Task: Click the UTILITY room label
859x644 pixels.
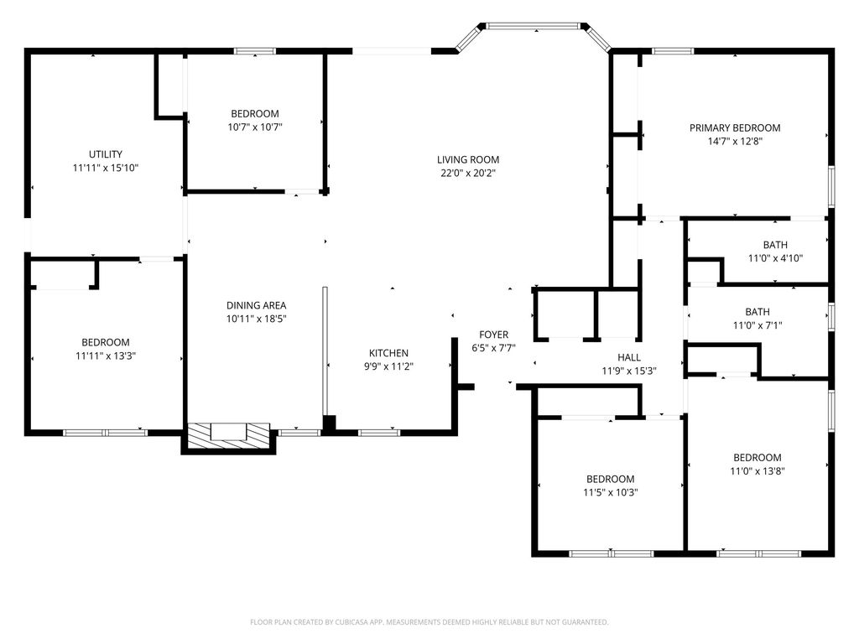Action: point(106,154)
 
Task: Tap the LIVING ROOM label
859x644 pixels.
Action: point(468,159)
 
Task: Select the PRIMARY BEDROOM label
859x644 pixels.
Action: point(735,128)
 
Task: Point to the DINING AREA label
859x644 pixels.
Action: point(257,305)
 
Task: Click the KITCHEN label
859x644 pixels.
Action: point(388,353)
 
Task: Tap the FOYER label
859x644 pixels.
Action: point(494,335)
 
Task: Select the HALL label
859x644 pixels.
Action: point(629,357)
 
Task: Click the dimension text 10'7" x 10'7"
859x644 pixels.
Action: point(255,127)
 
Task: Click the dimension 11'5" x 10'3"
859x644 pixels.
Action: point(610,493)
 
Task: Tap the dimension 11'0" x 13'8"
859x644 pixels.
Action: point(757,471)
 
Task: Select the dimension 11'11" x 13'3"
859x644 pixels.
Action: point(106,356)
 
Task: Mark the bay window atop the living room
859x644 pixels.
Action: point(533,27)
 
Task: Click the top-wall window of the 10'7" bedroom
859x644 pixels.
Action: point(255,51)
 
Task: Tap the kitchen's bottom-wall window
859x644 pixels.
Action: point(378,433)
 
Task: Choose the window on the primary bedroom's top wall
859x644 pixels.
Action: point(673,51)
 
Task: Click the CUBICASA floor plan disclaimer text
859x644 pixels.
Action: point(429,622)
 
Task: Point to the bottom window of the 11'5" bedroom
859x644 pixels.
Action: point(611,553)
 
